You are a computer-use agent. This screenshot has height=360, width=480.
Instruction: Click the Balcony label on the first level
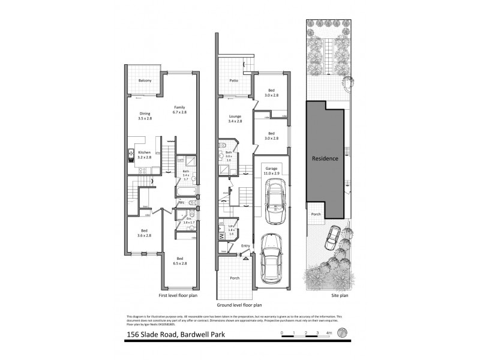coord(145,80)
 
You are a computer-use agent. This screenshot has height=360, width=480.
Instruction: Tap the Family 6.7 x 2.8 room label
coord(180,110)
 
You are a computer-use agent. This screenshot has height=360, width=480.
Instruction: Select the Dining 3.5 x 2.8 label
coord(145,116)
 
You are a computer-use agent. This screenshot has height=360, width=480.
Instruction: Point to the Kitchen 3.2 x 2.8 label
coord(145,155)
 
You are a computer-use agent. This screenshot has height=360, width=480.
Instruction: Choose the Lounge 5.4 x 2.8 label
coord(235,119)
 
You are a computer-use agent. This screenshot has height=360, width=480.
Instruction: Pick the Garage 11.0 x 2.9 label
coord(272,172)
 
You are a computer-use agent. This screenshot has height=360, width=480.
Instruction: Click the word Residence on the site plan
coord(325,159)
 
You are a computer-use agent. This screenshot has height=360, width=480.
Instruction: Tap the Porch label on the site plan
coord(316,213)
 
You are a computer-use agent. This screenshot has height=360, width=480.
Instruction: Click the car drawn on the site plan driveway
coord(331,238)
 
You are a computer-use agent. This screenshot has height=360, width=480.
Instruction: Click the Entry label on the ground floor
coord(245,246)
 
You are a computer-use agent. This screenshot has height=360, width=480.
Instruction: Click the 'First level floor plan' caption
coord(178,296)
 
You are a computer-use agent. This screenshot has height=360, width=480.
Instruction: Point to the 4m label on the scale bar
coord(328,332)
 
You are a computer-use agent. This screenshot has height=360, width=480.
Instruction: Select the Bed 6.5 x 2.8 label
coord(180,261)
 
